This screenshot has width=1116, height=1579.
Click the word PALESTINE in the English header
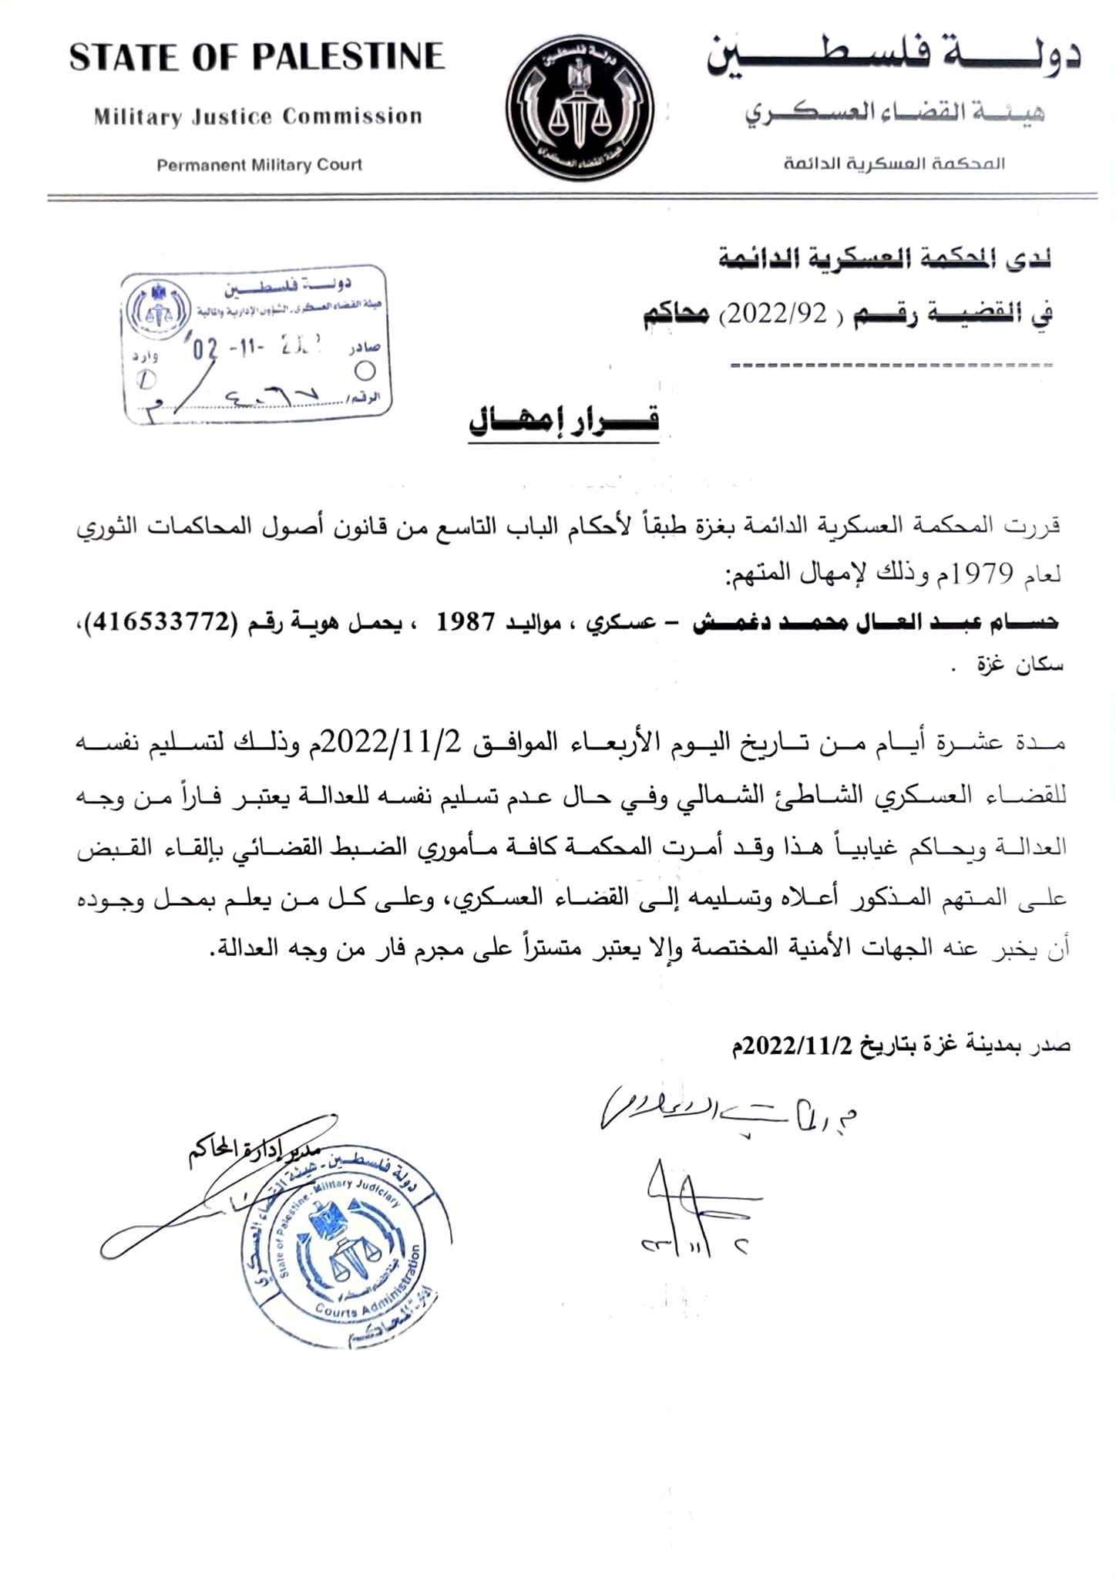[x=349, y=57]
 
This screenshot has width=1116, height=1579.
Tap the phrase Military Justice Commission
[x=258, y=117]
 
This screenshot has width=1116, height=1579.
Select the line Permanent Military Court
[x=259, y=165]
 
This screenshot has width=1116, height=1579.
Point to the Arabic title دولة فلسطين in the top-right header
[x=894, y=59]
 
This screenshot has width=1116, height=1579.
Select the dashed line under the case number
[x=890, y=364]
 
